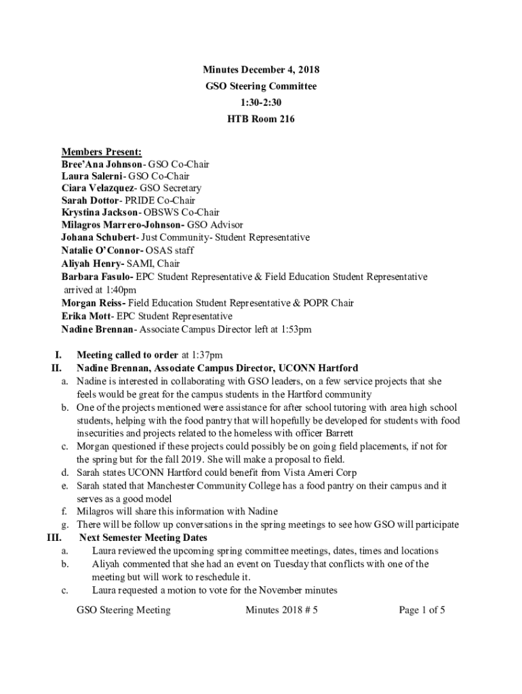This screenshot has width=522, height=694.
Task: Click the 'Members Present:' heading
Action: click(102, 151)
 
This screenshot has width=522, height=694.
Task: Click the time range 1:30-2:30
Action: click(261, 103)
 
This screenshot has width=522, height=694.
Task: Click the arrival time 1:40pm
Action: click(121, 290)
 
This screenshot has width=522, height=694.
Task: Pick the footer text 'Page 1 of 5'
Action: click(422, 610)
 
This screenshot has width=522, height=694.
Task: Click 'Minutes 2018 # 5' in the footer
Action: click(282, 610)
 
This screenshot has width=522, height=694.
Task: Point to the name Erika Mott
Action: click(86, 317)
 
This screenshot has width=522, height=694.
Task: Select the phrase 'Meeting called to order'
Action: click(127, 354)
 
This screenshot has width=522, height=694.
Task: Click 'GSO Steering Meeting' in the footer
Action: click(123, 610)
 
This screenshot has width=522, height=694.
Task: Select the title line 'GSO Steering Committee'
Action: click(261, 87)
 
